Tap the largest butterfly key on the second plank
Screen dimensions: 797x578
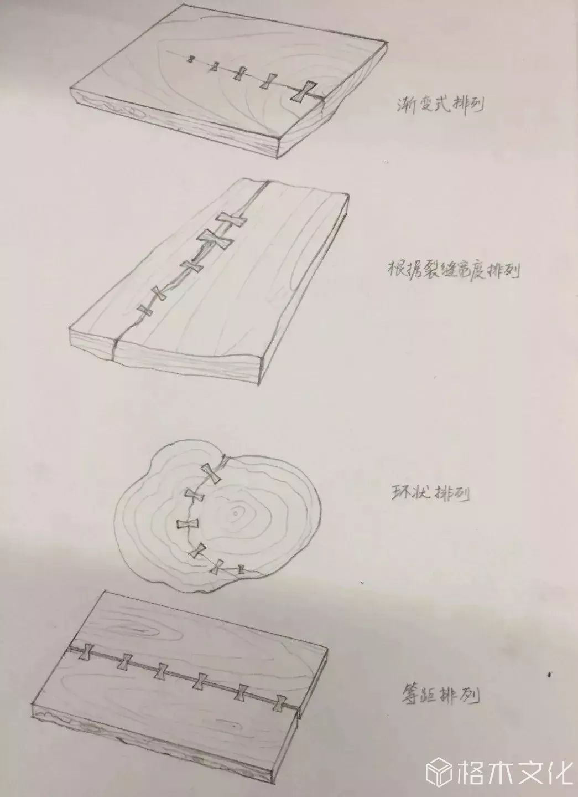pyautogui.click(x=214, y=240)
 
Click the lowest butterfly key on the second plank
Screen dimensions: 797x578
pyautogui.click(x=145, y=311)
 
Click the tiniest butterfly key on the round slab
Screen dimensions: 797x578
pyautogui.click(x=241, y=568)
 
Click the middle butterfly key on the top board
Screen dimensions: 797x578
pyautogui.click(x=241, y=73)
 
